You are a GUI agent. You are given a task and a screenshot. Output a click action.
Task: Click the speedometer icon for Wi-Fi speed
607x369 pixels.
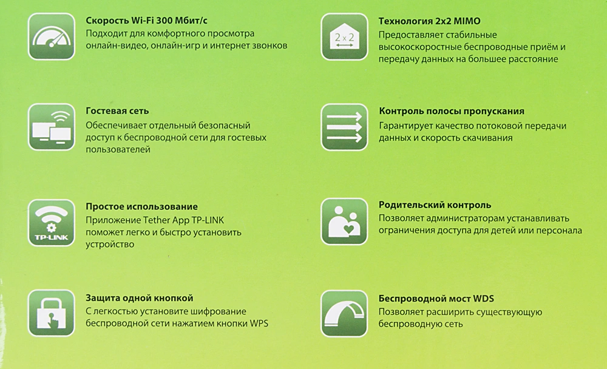(x=52, y=38)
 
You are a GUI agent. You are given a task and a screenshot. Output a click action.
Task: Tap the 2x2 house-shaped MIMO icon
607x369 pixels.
(x=344, y=38)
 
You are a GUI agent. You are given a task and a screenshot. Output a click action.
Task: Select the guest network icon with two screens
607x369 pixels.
(x=52, y=128)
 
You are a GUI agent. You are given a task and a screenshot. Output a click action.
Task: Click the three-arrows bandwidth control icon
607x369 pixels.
(x=344, y=128)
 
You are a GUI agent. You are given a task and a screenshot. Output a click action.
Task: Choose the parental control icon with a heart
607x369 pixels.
(x=344, y=221)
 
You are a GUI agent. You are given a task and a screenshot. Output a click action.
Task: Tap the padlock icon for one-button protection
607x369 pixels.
(x=52, y=314)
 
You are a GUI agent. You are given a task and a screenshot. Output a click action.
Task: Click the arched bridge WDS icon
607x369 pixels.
(x=344, y=314)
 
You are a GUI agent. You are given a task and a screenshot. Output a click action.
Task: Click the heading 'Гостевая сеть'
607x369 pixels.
(x=117, y=112)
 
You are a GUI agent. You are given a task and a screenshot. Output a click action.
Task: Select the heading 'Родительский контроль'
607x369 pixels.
(x=435, y=205)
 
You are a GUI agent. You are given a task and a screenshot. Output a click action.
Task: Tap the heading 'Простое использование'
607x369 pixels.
(x=141, y=207)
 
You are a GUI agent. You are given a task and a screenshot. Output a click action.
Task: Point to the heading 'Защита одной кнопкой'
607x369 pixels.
(x=140, y=298)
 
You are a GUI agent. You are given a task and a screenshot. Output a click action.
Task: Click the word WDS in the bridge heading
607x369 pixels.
(x=483, y=298)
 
